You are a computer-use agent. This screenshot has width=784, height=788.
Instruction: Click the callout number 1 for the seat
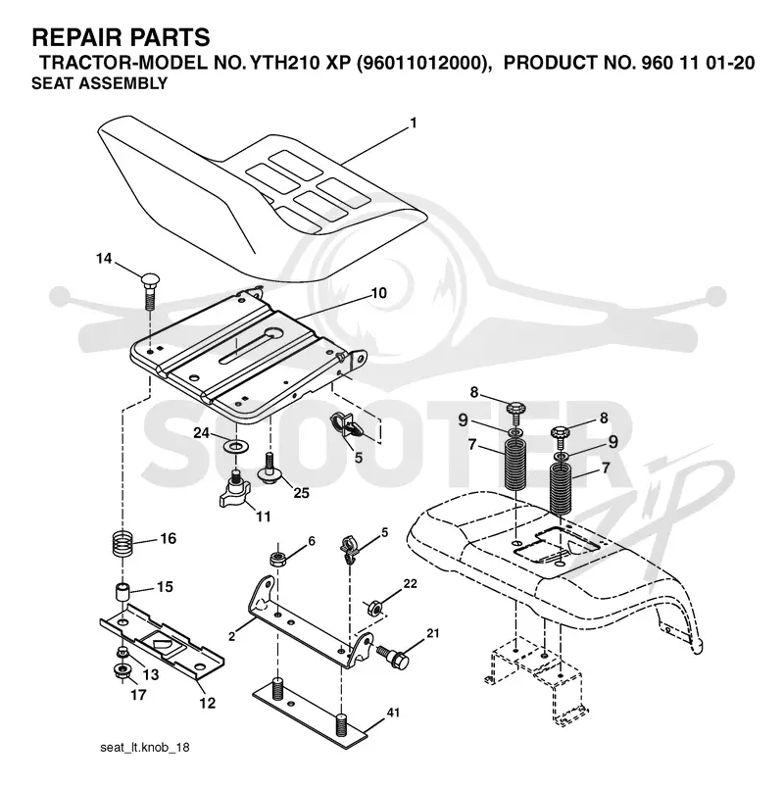coord(414,123)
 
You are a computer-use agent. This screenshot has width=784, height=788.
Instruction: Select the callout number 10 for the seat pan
coord(378,292)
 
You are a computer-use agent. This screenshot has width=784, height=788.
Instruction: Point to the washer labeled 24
coord(234,445)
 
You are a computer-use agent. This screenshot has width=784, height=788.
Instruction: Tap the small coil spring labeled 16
coord(122,543)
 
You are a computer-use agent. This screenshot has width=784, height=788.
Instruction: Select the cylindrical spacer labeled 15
coord(122,592)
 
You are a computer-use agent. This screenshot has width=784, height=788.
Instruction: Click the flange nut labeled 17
coord(122,670)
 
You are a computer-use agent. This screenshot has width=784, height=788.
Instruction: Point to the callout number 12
coord(207,702)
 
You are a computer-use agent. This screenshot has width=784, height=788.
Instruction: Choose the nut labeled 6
coord(278,559)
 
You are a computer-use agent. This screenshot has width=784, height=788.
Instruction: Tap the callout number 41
coord(393,713)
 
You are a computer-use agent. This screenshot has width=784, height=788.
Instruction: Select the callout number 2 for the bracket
coord(231,637)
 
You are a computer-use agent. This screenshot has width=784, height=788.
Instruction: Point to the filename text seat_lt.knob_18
coord(145,747)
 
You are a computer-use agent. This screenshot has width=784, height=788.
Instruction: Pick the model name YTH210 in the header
coord(285,63)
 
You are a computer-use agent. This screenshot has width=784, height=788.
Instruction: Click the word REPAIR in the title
coord(73,37)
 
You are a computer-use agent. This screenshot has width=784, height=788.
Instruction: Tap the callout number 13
coord(151,674)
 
